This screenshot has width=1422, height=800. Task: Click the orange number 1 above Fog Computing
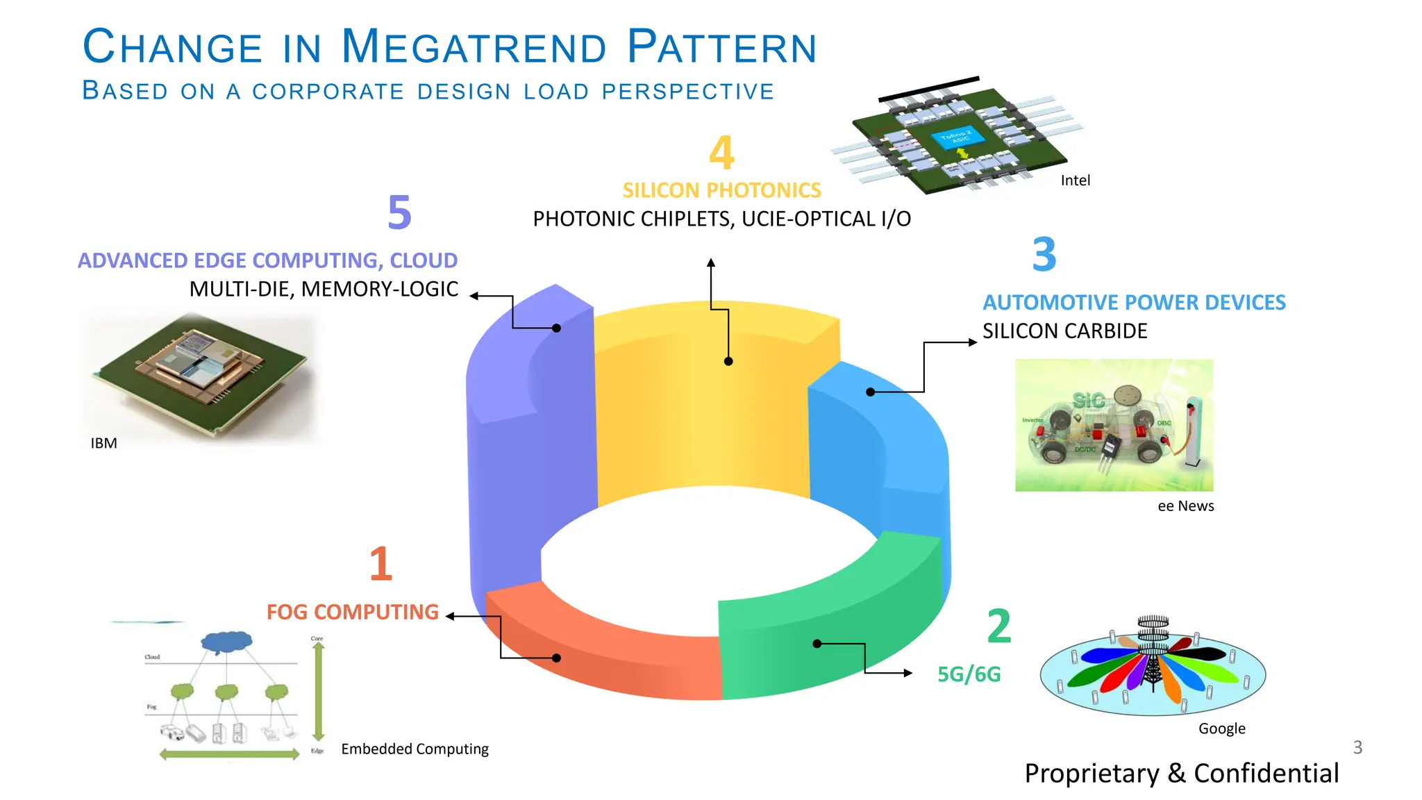click(380, 564)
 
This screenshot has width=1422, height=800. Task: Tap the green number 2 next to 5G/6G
click(999, 626)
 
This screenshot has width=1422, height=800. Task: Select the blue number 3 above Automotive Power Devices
click(1044, 255)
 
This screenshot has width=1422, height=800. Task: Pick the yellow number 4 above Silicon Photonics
click(721, 153)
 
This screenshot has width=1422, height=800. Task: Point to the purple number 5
click(399, 212)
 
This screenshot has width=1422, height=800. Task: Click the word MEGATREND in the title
click(474, 47)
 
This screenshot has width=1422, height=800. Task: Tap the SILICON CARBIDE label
click(1064, 331)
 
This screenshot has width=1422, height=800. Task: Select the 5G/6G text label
click(969, 674)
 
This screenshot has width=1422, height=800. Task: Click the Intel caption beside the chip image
click(1075, 181)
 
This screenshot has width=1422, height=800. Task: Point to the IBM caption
click(103, 444)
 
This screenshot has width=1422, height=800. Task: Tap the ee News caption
click(1185, 506)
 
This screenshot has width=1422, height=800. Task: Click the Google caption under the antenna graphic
click(1221, 728)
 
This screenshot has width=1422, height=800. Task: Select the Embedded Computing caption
click(415, 749)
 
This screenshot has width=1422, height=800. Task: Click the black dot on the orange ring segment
click(556, 658)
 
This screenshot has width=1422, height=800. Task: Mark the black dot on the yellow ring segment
click(728, 361)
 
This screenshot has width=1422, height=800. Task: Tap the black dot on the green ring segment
click(817, 644)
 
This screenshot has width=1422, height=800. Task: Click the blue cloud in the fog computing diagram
click(226, 642)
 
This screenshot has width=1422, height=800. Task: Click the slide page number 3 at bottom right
click(1357, 748)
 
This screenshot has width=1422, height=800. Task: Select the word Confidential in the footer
click(1266, 774)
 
